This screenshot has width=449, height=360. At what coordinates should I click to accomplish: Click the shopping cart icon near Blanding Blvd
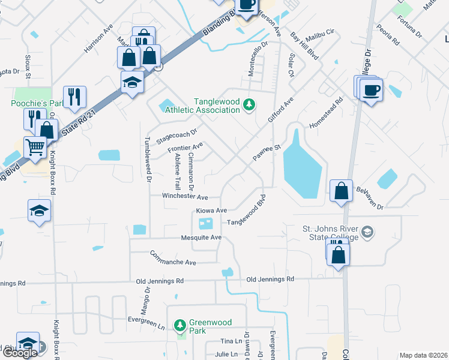35,146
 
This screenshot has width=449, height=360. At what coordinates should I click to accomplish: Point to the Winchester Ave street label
185,197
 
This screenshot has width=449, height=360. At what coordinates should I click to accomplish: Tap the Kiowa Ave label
211,211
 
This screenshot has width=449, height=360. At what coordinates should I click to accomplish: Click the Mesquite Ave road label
202,238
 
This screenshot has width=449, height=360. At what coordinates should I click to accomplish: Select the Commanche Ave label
173,259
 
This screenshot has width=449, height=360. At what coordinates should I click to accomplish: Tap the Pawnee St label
267,152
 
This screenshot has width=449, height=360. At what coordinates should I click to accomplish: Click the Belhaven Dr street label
369,197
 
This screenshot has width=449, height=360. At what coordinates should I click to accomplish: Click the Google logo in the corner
20,353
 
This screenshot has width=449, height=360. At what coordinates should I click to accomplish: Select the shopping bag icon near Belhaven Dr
341,191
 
